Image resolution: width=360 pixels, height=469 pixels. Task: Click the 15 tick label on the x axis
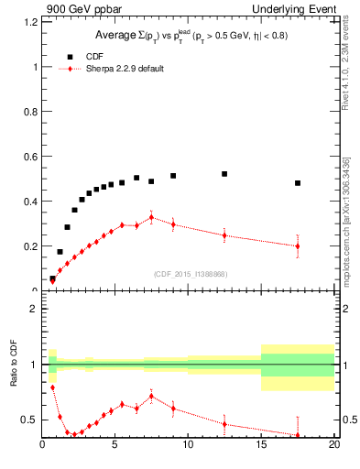pyautogui.click(x=261, y=446)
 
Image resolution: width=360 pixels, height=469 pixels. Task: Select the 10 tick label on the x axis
pyautogui.click(x=188, y=446)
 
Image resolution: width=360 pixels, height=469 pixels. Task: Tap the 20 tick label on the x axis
pyautogui.click(x=333, y=446)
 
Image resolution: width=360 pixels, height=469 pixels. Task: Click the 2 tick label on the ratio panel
pyautogui.click(x=32, y=309)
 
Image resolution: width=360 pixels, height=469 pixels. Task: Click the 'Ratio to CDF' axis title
pyautogui.click(x=13, y=377)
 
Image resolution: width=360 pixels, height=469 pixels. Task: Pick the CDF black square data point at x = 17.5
pyautogui.click(x=298, y=183)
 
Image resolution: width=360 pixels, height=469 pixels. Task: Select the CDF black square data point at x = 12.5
pyautogui.click(x=224, y=174)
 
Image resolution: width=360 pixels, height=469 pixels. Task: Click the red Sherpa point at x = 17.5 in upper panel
pyautogui.click(x=298, y=245)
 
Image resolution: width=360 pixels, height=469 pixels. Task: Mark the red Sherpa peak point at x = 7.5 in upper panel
pyautogui.click(x=151, y=218)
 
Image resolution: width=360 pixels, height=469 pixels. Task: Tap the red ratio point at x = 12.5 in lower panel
pyautogui.click(x=224, y=424)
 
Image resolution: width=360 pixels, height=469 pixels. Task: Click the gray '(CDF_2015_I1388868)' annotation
pyautogui.click(x=190, y=275)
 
